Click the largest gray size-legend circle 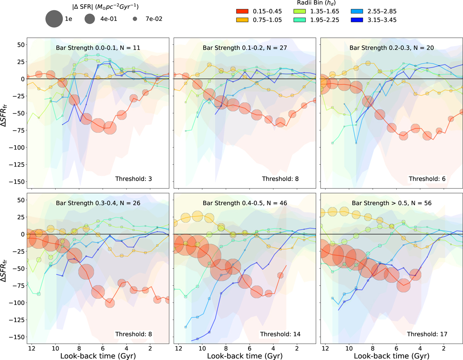click(x=54, y=19)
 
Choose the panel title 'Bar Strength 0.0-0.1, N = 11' click(x=98, y=48)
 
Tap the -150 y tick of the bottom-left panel click(x=17, y=337)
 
